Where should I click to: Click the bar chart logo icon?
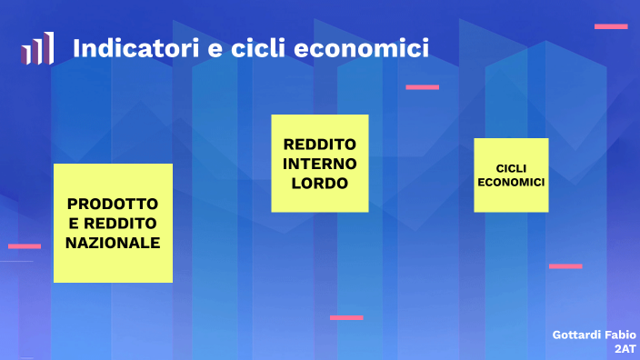click(x=37, y=48)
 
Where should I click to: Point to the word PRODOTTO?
click(x=113, y=203)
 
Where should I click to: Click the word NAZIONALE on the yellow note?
click(x=113, y=243)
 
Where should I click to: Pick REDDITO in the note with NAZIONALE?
click(x=120, y=223)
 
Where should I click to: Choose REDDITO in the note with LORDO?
click(x=319, y=145)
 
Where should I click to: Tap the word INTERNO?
click(x=319, y=164)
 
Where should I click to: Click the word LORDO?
click(x=319, y=183)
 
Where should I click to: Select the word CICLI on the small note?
click(x=511, y=168)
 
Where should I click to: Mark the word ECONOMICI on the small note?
click(x=511, y=182)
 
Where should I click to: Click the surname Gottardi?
click(x=575, y=335)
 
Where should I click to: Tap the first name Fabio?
click(x=619, y=335)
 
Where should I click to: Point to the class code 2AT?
click(x=625, y=348)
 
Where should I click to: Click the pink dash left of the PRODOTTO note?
click(x=25, y=245)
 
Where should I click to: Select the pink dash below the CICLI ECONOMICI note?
click(x=565, y=266)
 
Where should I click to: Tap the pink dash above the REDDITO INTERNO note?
click(x=422, y=87)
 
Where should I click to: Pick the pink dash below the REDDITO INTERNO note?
click(x=346, y=317)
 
